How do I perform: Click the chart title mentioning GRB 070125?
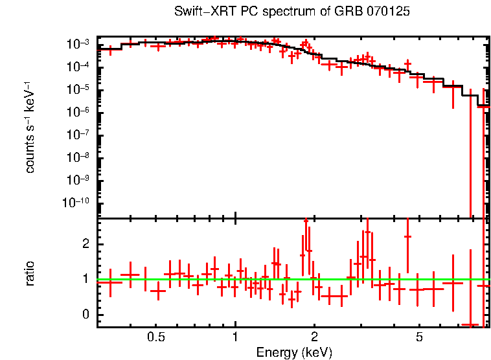point(292,12)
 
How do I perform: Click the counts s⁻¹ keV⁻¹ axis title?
point(30,128)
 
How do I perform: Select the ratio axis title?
point(30,273)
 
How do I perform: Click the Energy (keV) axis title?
point(294,353)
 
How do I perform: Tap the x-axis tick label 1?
point(235,337)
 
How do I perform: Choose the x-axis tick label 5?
point(419,337)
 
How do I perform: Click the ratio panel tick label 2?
point(84,243)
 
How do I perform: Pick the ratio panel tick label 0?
point(84,315)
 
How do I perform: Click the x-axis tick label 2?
point(314,337)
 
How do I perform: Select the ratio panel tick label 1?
point(84,280)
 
